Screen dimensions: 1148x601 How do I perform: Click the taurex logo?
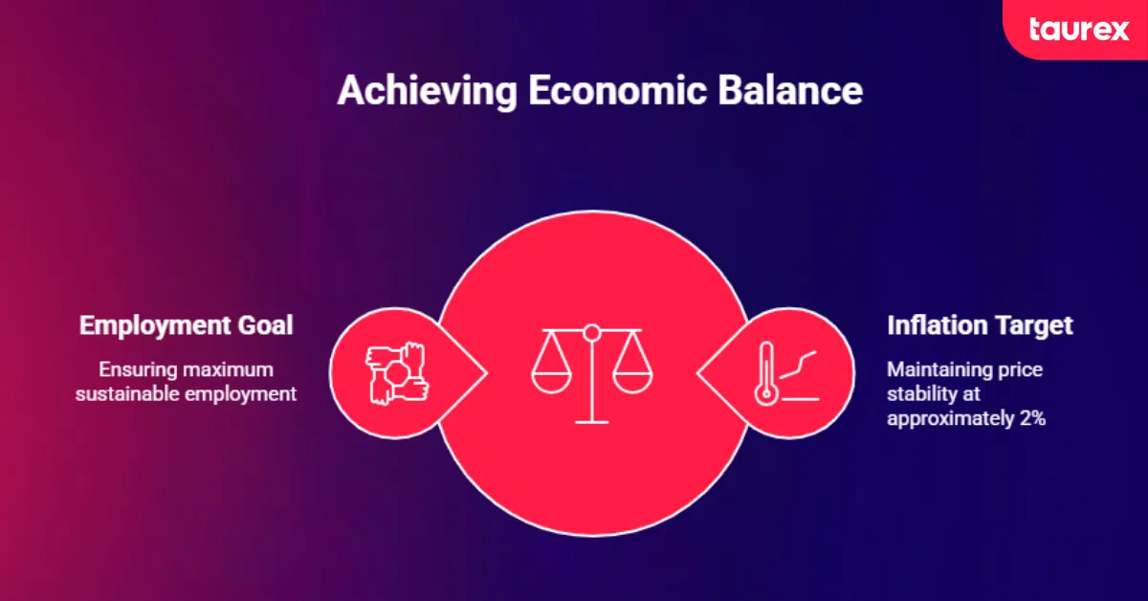(1079, 30)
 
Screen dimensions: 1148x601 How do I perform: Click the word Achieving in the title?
(427, 91)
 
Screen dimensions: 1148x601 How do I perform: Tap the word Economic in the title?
(617, 90)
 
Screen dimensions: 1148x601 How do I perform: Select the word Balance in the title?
(790, 90)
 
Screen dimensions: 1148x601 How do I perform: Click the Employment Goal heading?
(186, 325)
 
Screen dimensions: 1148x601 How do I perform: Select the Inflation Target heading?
(980, 325)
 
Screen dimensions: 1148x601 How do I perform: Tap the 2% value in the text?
(1032, 418)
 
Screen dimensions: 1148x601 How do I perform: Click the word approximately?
(951, 419)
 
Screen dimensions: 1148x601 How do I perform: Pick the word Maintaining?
(931, 370)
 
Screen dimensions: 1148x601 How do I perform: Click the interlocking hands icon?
(397, 373)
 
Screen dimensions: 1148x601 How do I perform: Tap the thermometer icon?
(766, 373)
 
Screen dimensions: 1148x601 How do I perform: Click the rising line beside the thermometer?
(798, 365)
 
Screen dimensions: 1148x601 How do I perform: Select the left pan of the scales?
(551, 383)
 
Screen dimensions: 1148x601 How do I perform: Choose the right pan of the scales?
(632, 383)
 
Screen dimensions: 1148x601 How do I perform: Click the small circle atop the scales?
(592, 333)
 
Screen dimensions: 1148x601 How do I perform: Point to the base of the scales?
(592, 422)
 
